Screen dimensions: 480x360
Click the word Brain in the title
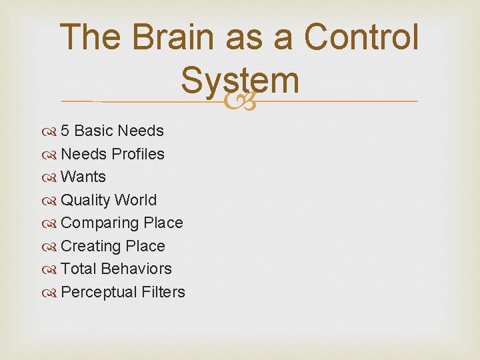(174, 37)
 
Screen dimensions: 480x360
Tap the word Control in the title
(361, 37)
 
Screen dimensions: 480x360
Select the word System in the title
(239, 81)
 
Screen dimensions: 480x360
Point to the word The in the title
(92, 37)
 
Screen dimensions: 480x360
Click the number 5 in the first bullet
(65, 131)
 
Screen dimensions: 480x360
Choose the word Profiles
(138, 154)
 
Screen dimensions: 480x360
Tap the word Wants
(83, 177)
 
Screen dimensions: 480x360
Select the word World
(136, 200)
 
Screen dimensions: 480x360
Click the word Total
(78, 269)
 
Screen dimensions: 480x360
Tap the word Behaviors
(136, 269)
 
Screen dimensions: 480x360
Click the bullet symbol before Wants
(51, 177)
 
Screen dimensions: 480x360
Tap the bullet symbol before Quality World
(51, 201)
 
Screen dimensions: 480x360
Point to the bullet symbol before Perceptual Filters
(51, 293)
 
